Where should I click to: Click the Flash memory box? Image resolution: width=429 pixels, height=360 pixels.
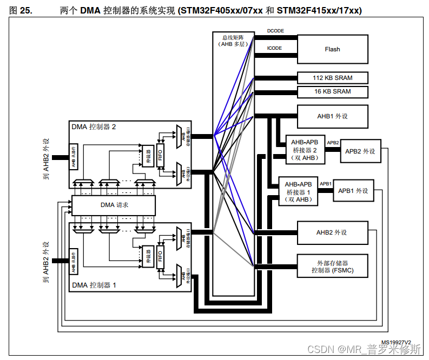(x=332, y=49)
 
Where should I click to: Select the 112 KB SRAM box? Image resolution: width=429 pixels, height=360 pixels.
(x=332, y=78)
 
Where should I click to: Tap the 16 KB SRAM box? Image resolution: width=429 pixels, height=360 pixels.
(x=332, y=91)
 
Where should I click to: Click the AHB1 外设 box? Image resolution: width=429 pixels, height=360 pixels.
(x=332, y=116)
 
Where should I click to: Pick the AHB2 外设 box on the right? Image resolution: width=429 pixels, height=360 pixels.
(x=332, y=232)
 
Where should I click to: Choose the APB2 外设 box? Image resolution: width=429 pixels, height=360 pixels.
(x=360, y=151)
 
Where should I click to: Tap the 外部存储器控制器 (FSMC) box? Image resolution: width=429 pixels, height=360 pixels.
(x=332, y=266)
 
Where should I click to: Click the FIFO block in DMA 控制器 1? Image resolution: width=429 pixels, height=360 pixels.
(x=160, y=256)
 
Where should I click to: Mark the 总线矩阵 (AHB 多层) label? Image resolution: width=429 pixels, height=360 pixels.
(x=233, y=41)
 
